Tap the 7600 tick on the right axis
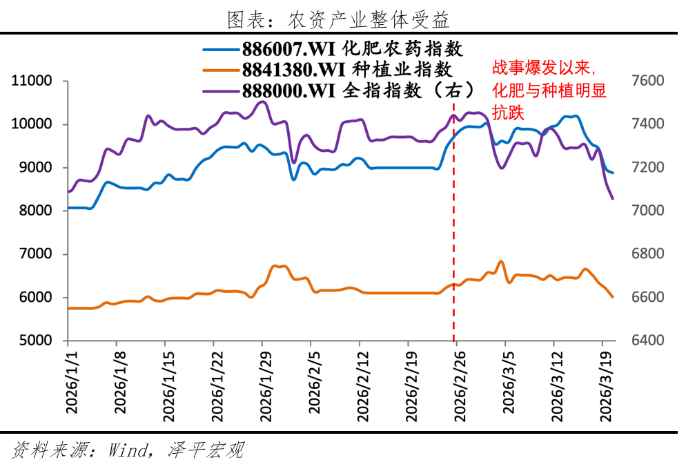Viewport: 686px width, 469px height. click(647, 82)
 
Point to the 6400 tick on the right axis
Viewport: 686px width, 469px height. click(647, 341)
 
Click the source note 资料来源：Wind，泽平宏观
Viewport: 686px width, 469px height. click(128, 452)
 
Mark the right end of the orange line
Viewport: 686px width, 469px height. click(612, 297)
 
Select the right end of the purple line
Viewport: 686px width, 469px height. click(612, 199)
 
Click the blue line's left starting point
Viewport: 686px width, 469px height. click(68, 208)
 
